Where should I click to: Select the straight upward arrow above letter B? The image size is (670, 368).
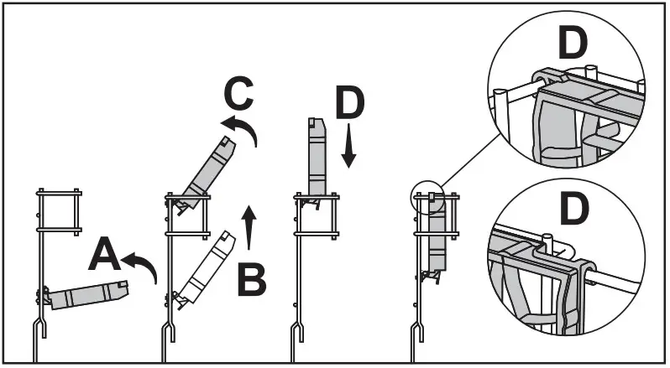click(x=249, y=226)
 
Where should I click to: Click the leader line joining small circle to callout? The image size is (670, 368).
click(x=462, y=172)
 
